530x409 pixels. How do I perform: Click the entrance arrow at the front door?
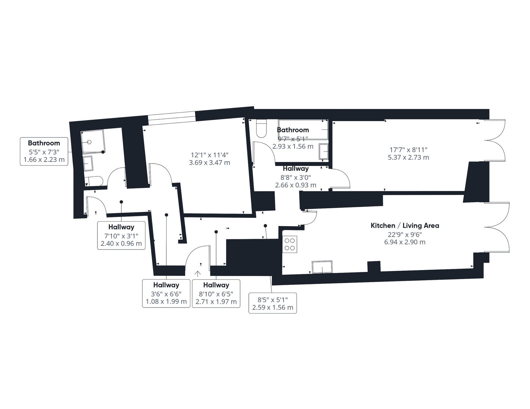197,274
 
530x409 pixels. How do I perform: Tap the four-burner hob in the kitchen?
290,244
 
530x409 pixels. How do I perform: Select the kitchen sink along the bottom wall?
322,267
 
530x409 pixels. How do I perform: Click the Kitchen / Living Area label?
405,226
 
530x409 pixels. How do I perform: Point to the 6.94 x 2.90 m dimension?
405,242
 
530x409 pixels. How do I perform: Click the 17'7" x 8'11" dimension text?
408,150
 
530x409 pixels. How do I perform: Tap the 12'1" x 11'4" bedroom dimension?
209,155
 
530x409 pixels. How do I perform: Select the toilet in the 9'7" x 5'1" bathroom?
261,128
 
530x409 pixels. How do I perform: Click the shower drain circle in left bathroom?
89,142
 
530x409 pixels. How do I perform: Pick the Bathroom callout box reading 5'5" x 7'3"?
44,151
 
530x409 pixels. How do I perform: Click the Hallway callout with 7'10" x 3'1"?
121,235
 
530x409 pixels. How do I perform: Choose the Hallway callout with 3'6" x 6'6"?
166,293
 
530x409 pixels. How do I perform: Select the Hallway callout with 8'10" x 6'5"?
216,293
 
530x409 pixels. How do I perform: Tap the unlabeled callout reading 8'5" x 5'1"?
273,303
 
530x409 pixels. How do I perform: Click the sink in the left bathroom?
88,164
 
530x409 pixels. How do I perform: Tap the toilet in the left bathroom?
95,181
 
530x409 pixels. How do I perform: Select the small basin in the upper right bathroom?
324,151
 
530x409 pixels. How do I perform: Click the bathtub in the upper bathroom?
303,130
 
